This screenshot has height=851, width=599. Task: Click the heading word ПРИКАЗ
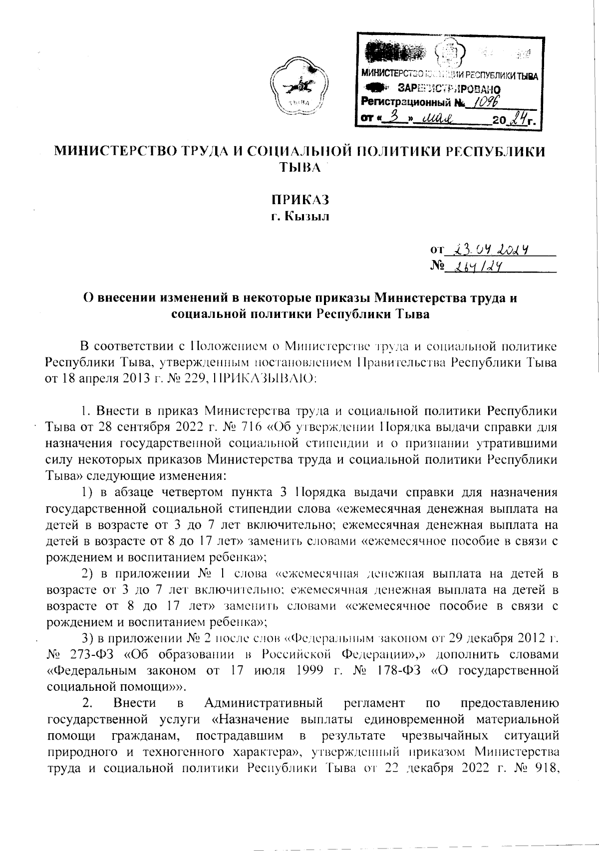[299, 201]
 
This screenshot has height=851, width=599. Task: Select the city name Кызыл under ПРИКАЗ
[305, 217]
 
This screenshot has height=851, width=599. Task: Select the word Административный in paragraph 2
[264, 703]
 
